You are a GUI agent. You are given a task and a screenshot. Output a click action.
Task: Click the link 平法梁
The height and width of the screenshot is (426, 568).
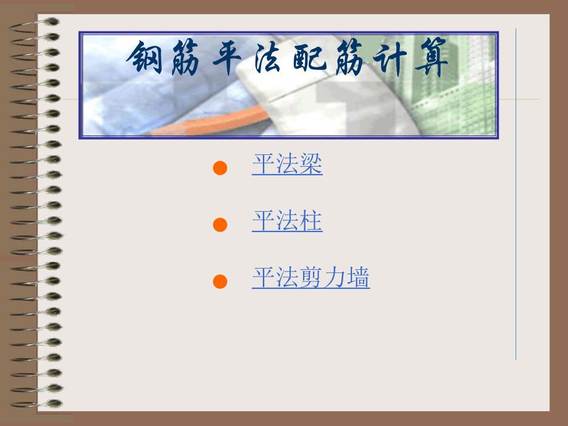287,165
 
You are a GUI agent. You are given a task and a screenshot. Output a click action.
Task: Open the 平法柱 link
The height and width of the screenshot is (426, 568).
287,222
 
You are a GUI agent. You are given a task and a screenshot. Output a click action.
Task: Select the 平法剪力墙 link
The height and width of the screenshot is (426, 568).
311,278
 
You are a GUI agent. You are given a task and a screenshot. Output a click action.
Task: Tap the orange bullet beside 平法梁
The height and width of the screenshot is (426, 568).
220,169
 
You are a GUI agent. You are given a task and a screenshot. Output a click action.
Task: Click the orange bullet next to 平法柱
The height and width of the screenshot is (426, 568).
220,225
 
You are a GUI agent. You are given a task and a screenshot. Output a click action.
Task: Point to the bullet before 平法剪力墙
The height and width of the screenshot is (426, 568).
220,282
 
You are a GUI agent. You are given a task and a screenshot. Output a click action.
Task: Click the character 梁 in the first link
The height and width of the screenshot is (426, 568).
311,165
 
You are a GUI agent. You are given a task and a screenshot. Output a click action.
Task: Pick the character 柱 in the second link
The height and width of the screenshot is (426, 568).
311,222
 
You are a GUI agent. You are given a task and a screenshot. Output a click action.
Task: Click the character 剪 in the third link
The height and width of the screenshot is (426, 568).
311,278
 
